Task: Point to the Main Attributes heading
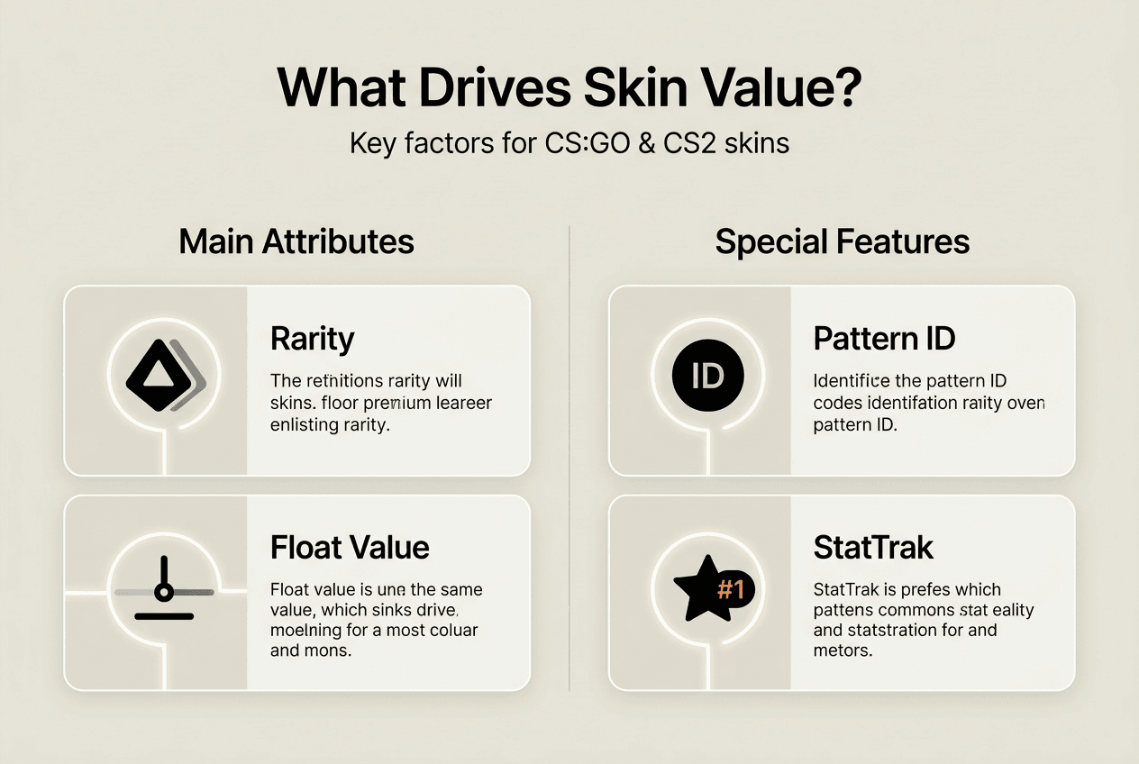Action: click(x=296, y=242)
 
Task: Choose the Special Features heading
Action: click(x=843, y=242)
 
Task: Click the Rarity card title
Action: click(x=313, y=340)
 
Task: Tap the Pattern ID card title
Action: click(x=884, y=340)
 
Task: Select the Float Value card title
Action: click(x=350, y=548)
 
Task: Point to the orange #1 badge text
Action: click(x=730, y=590)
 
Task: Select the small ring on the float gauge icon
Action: click(x=163, y=592)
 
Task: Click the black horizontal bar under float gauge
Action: click(x=163, y=616)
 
